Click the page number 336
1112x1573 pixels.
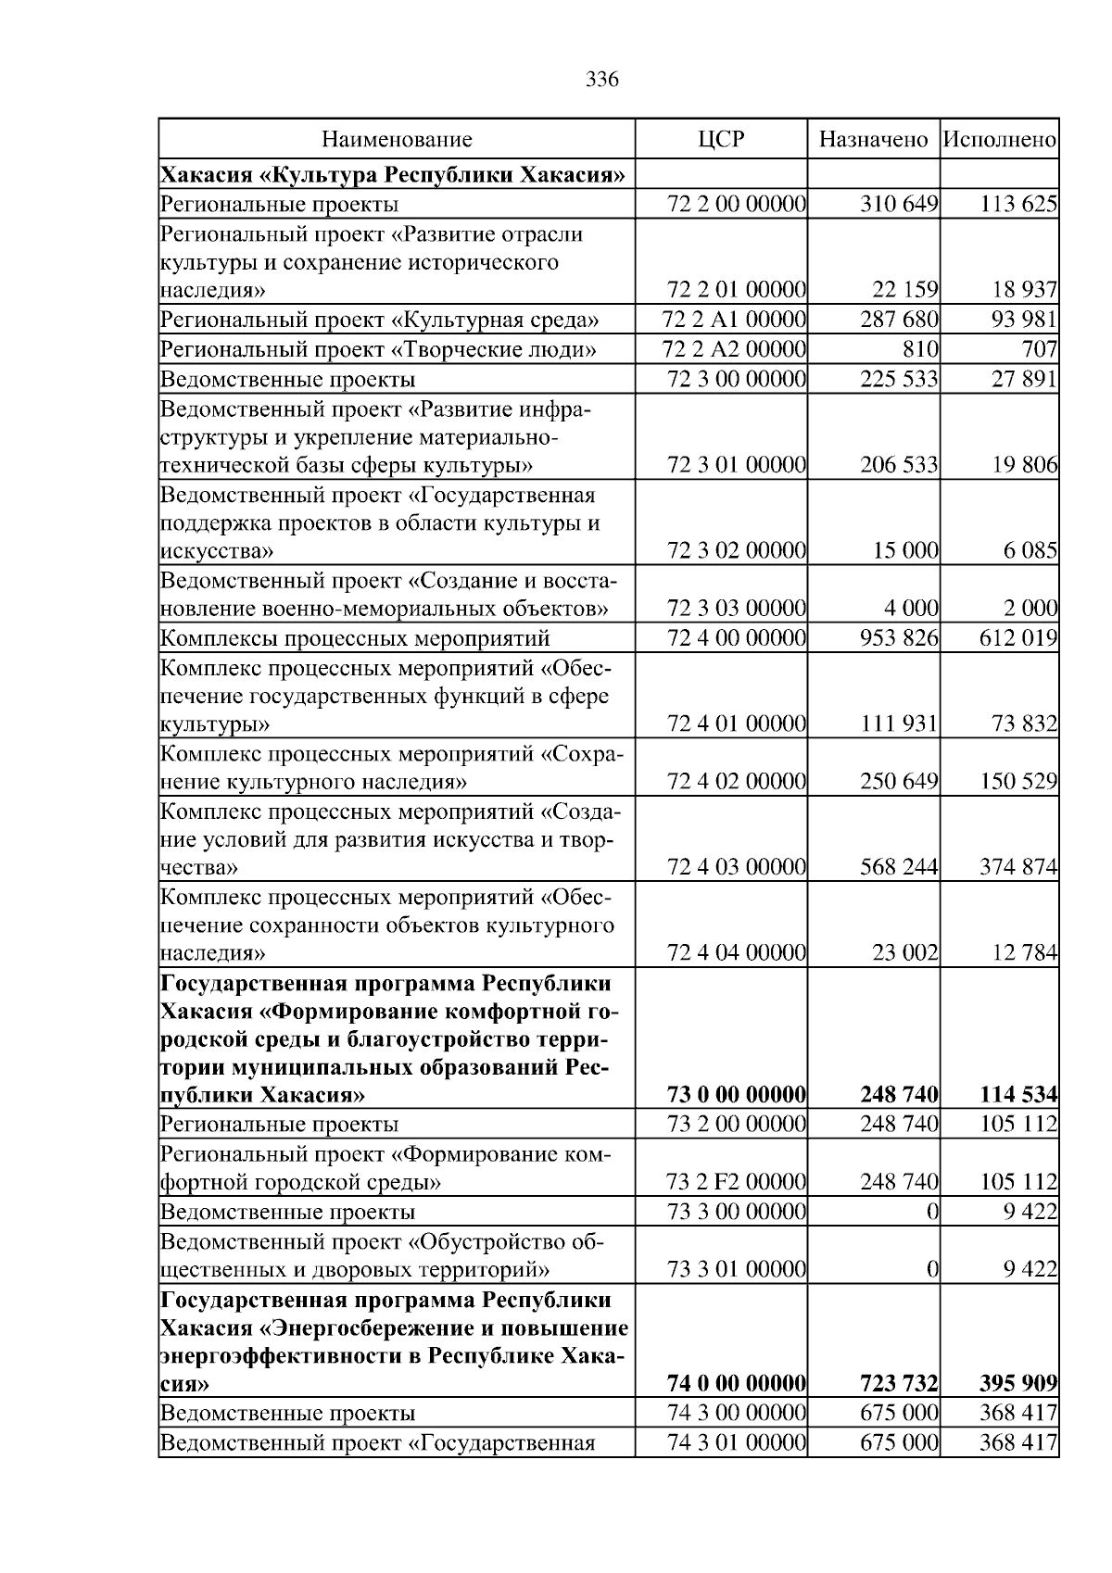coord(602,80)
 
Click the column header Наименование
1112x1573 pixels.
coord(397,140)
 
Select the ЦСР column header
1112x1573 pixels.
coord(720,140)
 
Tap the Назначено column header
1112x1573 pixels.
coord(873,140)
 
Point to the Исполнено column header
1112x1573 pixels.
coord(1000,140)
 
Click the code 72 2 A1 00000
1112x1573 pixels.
coord(735,321)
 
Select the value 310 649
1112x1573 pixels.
coord(899,204)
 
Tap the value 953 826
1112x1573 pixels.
coord(899,638)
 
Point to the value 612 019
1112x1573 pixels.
coord(1018,638)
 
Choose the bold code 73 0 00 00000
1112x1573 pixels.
coord(736,1095)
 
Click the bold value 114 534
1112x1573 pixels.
coord(1018,1095)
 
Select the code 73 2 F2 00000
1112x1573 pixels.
coord(736,1182)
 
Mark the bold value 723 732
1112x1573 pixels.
coord(899,1384)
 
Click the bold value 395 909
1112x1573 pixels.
coord(1018,1384)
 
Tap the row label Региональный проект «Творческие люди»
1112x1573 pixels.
coord(378,349)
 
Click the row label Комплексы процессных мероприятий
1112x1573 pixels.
coord(356,638)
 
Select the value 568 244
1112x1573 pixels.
coord(899,868)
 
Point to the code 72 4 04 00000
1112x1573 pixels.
coord(736,952)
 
